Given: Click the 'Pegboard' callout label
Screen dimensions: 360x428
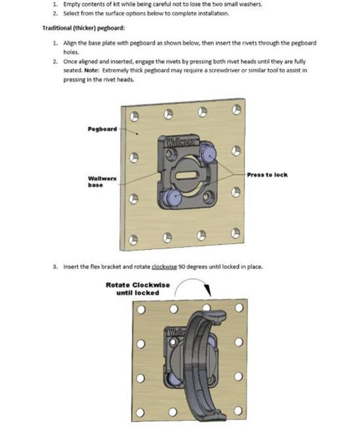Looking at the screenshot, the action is [102, 129].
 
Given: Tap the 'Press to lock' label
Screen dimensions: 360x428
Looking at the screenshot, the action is [267, 175].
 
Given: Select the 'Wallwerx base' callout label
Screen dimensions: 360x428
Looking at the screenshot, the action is [102, 182].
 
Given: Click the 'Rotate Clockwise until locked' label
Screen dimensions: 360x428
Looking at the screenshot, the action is [137, 289].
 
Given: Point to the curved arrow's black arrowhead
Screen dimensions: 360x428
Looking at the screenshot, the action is [208, 290].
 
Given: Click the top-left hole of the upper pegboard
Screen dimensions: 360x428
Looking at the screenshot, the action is [134, 116].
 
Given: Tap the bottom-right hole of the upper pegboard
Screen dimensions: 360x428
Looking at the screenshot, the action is [236, 234].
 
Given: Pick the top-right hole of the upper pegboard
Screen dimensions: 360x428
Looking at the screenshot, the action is [236, 110].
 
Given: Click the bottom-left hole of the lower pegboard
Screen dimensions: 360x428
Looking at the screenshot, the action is [140, 412].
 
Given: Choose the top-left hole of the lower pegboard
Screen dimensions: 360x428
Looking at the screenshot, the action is [141, 310].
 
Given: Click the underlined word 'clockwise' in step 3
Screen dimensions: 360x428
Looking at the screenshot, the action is [164, 266].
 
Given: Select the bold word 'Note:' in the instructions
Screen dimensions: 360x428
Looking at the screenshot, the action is [92, 71].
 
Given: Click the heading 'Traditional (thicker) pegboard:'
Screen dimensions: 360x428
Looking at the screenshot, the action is [84, 28].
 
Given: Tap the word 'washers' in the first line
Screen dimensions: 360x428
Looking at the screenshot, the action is [250, 5].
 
